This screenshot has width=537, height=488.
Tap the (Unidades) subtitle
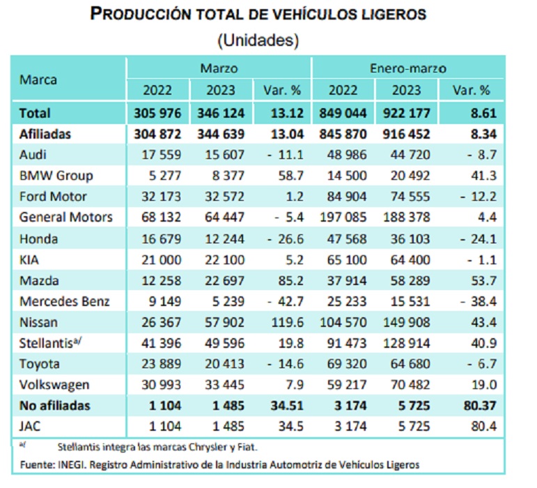point(258,40)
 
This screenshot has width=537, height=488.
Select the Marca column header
point(38,79)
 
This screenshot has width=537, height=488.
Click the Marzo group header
point(219,68)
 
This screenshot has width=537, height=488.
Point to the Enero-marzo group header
point(408,68)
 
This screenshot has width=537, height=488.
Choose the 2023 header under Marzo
point(220,91)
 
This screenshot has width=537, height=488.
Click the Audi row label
point(33,155)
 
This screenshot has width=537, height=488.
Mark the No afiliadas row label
point(55,405)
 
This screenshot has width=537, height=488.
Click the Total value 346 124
point(220,113)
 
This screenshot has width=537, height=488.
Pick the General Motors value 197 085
point(343,218)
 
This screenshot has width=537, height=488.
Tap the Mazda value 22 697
point(220,280)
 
